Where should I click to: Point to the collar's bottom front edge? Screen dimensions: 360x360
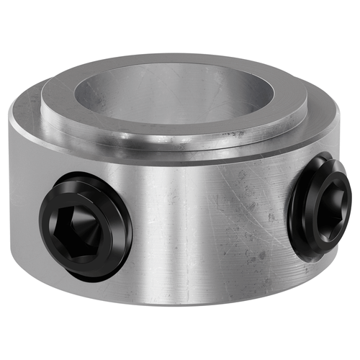(x=180, y=303)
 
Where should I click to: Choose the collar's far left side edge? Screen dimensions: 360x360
(x=12, y=180)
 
